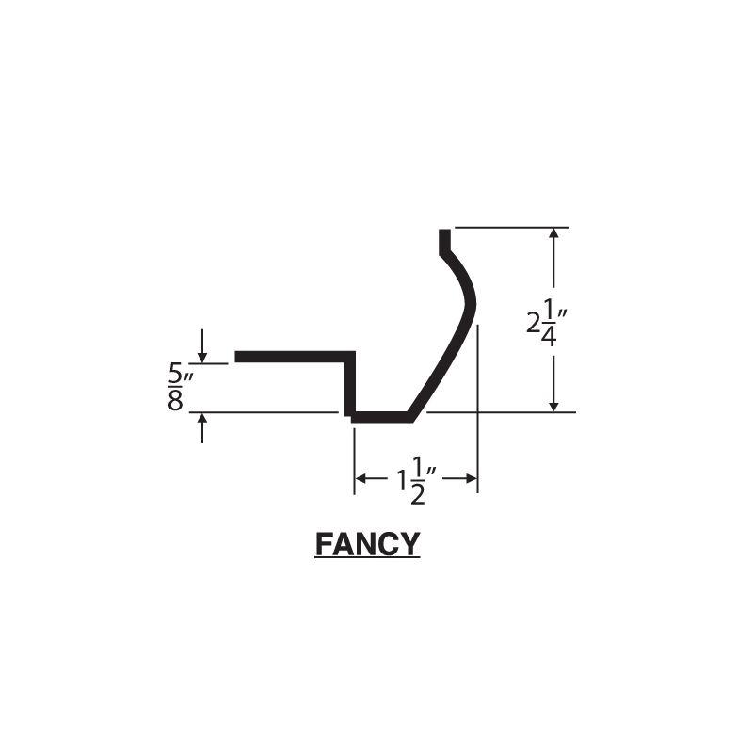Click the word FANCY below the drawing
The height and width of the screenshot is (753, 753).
pos(367,544)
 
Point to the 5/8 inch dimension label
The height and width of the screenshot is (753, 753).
pos(177,387)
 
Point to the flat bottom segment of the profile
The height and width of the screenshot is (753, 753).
pos(381,416)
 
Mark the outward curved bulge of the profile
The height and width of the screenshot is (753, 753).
pos(470,301)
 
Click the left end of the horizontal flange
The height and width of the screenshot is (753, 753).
pos(238,356)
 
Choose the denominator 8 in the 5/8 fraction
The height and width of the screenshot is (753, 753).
pos(175,402)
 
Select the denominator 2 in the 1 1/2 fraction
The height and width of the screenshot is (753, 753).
pos(418,493)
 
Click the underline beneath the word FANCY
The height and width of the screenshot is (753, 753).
pos(367,559)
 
